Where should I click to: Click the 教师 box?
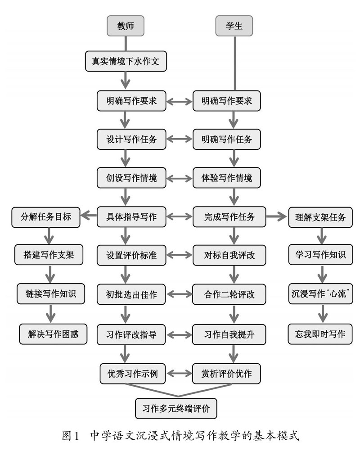tap(126, 26)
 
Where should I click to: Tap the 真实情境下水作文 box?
tap(126, 61)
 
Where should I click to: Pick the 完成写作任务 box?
tap(229, 216)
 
